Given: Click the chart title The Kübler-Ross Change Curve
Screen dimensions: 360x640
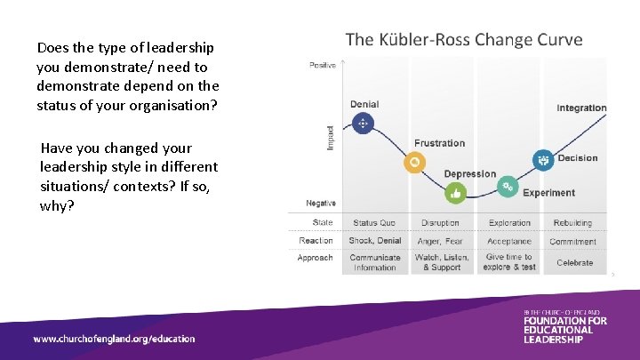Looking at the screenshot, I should [463, 39].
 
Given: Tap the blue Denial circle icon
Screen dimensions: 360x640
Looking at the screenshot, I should [363, 124].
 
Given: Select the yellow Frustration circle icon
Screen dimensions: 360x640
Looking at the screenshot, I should [413, 162].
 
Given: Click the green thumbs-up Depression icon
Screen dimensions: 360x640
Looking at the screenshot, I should [455, 192].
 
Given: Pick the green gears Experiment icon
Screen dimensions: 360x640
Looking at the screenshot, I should [507, 187].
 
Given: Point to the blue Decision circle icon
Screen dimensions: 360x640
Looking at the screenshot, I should [543, 160].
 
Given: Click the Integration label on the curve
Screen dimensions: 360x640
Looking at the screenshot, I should [581, 108].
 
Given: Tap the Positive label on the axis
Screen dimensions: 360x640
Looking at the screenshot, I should [322, 65].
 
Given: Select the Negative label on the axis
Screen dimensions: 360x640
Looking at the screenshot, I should [321, 204].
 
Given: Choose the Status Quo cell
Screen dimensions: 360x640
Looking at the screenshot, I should [374, 223].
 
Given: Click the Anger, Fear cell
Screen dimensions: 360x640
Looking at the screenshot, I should [440, 241].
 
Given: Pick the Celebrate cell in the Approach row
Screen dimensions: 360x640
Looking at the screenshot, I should [574, 263].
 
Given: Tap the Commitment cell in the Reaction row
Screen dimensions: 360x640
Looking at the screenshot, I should [573, 241].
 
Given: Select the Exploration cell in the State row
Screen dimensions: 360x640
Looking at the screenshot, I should [509, 223].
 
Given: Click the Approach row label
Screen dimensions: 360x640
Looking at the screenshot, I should [316, 258].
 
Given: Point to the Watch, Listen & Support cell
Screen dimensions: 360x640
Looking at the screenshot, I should [442, 262].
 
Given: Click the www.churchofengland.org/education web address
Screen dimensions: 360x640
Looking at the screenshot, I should [114, 339].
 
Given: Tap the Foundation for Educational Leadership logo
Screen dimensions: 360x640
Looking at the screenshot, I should [564, 326].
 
